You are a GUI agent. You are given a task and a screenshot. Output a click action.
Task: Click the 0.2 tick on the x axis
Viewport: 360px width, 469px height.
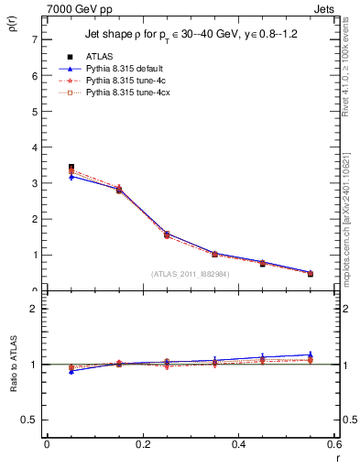[142, 445]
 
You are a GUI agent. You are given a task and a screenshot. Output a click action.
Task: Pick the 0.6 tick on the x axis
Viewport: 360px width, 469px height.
[334, 445]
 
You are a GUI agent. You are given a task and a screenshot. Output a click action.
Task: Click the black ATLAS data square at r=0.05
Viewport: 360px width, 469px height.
[71, 168]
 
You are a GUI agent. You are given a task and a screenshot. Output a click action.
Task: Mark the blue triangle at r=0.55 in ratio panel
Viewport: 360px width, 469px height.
[310, 354]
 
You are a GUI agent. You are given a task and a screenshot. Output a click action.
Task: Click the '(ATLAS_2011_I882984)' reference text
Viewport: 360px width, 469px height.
[190, 273]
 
